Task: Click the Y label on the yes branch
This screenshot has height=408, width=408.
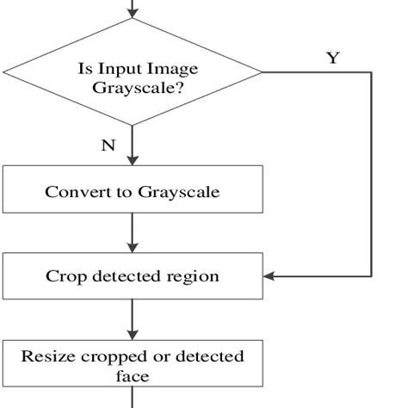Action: click(x=332, y=58)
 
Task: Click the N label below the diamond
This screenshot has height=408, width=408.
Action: click(x=108, y=145)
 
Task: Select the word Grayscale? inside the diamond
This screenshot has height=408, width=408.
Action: click(x=133, y=87)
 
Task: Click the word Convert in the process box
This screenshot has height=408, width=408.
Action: click(x=75, y=191)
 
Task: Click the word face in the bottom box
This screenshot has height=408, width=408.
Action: click(x=133, y=375)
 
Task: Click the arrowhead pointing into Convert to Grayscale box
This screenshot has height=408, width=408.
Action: click(x=133, y=160)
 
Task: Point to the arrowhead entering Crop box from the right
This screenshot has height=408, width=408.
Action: click(x=269, y=276)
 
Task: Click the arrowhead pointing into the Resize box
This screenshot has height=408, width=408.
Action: click(x=133, y=333)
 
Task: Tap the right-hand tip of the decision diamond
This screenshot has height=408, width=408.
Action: click(x=261, y=73)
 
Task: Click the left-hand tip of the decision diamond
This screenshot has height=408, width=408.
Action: click(x=4, y=73)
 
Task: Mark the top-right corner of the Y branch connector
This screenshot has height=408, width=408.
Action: click(x=371, y=73)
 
